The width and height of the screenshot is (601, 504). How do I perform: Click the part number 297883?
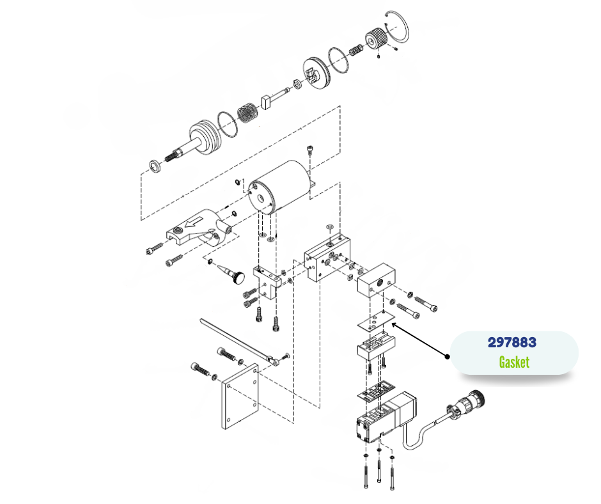click(x=511, y=343)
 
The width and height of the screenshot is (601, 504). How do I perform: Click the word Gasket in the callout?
click(x=514, y=362)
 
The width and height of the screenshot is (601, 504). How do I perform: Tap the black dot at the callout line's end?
click(x=448, y=356)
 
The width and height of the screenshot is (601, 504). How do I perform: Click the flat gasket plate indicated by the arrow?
click(x=375, y=322)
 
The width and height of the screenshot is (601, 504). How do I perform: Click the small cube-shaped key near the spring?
click(x=267, y=101)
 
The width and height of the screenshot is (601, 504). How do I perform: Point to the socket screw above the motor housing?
click(x=310, y=151)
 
